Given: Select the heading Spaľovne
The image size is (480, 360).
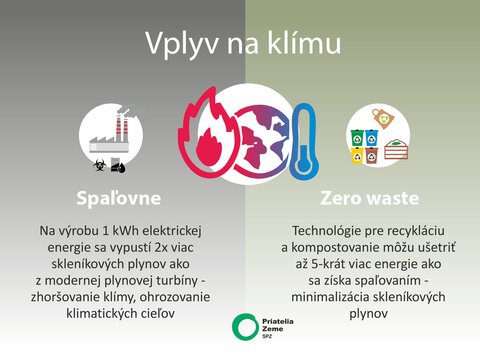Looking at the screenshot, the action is pos(119,198).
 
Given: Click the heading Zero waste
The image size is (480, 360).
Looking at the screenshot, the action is pos(369,198).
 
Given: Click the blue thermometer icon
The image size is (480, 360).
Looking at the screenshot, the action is pos(304,141).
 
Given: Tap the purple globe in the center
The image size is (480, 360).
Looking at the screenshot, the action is pos(263,140).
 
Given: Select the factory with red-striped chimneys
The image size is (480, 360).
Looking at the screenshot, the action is pos(110,133).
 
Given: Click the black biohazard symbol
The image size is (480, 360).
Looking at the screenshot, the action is pos(100,165).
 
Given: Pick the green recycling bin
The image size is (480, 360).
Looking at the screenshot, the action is pos(357,138).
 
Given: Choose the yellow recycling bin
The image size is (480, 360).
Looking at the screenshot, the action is pos(358,155).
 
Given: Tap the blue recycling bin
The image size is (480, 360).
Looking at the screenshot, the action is pos(371,138).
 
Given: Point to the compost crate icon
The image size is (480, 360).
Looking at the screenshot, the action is pos(396,149).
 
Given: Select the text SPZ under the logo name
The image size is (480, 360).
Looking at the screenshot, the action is pos(267,337).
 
